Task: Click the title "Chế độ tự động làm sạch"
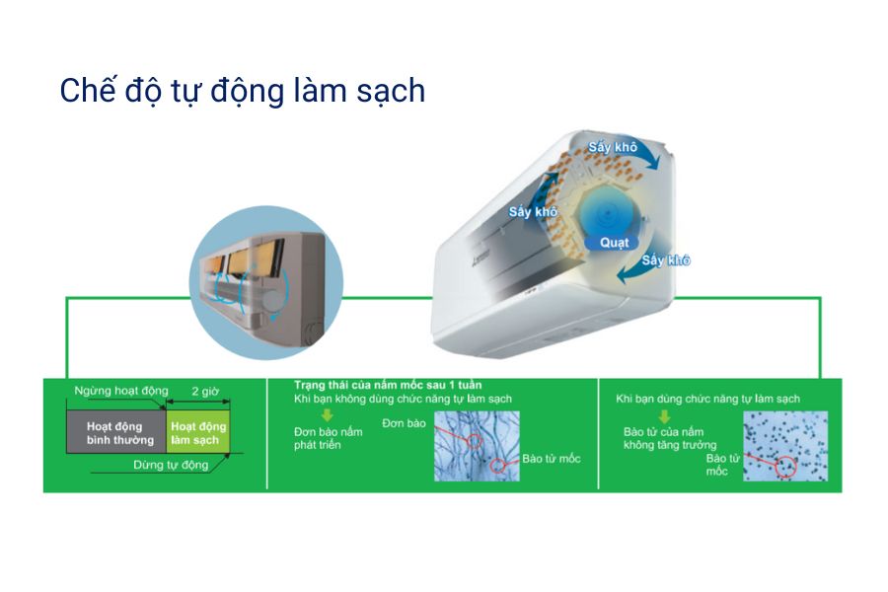[x=242, y=91]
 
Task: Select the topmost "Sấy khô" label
[x=613, y=147]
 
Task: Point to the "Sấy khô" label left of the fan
[x=533, y=212]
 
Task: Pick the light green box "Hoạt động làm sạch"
[x=198, y=433]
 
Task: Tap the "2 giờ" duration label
[x=204, y=392]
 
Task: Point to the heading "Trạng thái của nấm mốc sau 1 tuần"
[x=388, y=383]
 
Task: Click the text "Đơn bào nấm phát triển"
[x=329, y=440]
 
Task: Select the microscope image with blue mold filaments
[x=476, y=446]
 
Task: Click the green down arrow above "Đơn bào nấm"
[x=306, y=414]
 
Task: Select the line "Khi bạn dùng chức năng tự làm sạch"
[x=706, y=398]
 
